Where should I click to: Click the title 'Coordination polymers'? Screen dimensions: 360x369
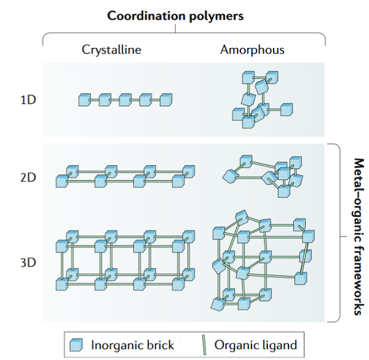(x=175, y=16)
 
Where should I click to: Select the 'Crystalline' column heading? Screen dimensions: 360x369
(x=111, y=50)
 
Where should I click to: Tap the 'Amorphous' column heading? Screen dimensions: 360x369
(x=252, y=50)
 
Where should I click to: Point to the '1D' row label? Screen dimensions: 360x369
(x=28, y=99)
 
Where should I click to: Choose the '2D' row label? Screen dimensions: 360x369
(x=28, y=178)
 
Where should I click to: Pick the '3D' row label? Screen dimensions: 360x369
(x=28, y=263)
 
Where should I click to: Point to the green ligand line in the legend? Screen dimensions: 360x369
(x=205, y=345)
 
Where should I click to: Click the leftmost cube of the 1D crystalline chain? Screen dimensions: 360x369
(x=85, y=99)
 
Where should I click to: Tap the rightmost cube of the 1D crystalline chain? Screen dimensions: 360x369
(x=165, y=99)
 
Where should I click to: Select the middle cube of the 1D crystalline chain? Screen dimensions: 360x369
(x=125, y=99)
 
